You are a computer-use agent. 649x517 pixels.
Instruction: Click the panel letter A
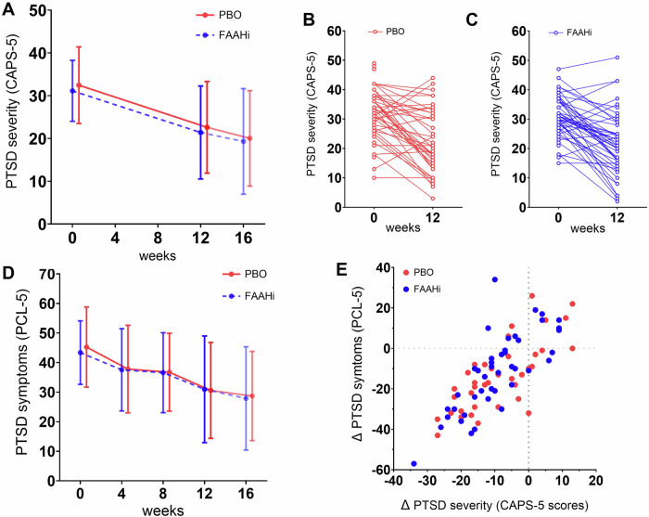(x=8, y=9)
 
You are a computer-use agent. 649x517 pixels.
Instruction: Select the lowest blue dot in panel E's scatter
(x=414, y=463)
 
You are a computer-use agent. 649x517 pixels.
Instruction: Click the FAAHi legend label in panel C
(x=579, y=32)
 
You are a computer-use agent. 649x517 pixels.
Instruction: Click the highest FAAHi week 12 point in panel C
(x=617, y=58)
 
